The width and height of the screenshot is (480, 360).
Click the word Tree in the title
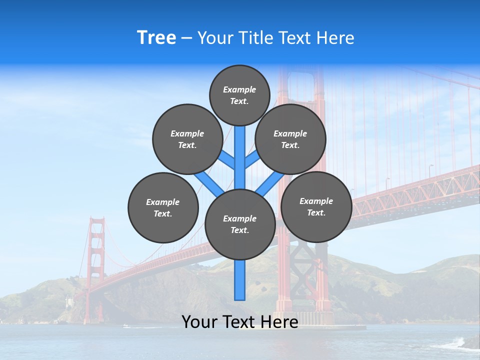point(156,37)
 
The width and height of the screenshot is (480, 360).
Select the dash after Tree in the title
point(186,38)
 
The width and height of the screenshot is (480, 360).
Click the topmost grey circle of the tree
point(239,95)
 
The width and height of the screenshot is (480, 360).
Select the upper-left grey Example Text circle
point(187,139)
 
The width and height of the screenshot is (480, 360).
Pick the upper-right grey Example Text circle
point(290,139)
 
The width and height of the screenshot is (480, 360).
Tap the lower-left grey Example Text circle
point(163,207)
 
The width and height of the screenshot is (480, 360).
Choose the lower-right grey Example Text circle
point(316,206)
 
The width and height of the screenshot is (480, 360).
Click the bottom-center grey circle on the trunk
point(240,224)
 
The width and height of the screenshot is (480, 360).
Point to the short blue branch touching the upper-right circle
point(252,160)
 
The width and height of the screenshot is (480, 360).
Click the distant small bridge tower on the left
point(95,265)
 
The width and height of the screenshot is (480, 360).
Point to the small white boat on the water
point(125,326)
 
